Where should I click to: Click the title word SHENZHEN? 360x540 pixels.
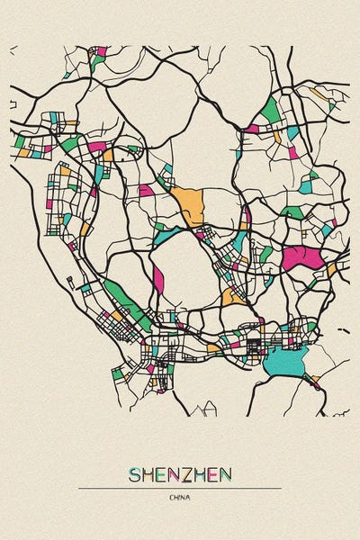coord(180,474)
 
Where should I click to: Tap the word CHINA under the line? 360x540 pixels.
coord(180,497)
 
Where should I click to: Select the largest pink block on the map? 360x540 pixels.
coord(302,258)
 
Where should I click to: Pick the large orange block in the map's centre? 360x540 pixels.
coord(190,206)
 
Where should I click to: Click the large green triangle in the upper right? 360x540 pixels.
coord(269,112)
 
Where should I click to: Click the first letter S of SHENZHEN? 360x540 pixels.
coord(135,474)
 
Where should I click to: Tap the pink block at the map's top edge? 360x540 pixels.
coord(101,51)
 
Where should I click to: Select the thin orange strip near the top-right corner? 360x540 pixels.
coord(317,92)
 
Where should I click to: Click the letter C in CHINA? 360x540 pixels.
coord(170,497)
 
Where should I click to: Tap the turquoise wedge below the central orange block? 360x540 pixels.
coord(166,236)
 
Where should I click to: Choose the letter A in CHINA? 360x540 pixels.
coord(189,497)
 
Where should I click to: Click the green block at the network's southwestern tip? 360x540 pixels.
coord(117,372)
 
